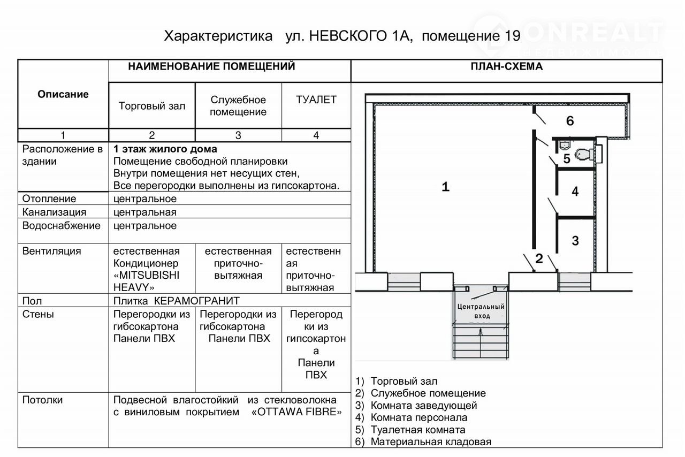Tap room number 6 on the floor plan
click(570, 121)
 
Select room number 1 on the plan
click(445, 187)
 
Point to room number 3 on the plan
click(575, 241)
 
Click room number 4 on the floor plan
click(575, 192)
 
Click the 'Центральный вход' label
click(482, 312)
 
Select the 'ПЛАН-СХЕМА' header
click(506, 67)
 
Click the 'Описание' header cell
click(63, 95)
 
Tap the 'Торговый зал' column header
click(152, 106)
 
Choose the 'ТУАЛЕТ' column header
click(316, 100)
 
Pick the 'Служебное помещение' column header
click(238, 106)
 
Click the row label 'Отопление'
click(49, 199)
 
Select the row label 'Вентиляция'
click(51, 252)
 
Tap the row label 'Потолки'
click(42, 400)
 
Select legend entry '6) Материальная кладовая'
click(423, 442)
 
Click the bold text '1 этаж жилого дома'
click(165, 149)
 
